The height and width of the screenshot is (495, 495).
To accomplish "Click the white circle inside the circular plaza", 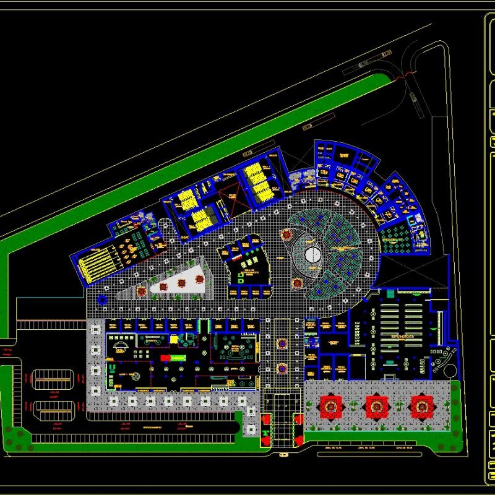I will [x=312, y=254].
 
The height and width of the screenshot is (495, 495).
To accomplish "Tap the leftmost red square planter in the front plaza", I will [x=330, y=406].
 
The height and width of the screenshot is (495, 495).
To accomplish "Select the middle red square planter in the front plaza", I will [x=376, y=406].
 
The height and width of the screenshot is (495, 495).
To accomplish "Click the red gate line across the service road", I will [x=405, y=76].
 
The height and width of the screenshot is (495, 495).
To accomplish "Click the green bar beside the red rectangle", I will [x=179, y=358].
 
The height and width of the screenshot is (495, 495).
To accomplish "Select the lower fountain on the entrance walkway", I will [x=282, y=368].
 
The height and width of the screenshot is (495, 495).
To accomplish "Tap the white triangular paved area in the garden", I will [x=179, y=278].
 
